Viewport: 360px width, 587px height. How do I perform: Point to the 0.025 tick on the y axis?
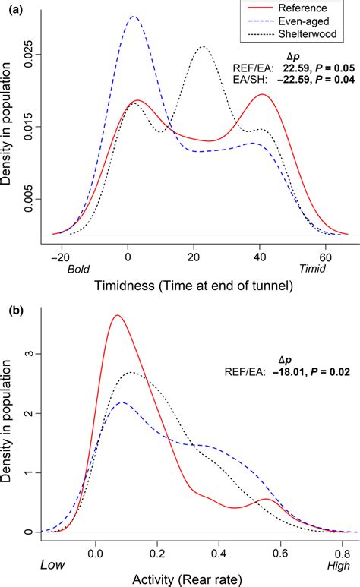[x=27, y=54]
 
